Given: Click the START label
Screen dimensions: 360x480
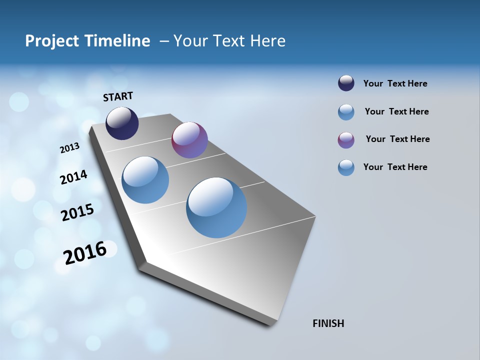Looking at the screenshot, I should [x=118, y=96].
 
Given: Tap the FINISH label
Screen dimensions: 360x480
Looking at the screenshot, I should [x=328, y=323].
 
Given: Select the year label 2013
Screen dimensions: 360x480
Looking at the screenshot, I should [x=69, y=147].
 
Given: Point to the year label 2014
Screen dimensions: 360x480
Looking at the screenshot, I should [x=73, y=177].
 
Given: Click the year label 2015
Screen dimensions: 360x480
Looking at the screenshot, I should [x=77, y=212].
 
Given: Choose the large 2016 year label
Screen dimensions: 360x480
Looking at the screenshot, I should [x=84, y=253].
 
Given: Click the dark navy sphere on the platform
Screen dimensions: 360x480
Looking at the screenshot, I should [x=122, y=123].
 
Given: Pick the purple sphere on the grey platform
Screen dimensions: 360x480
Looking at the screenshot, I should [x=189, y=140].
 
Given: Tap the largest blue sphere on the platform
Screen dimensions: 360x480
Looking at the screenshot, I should [x=216, y=207].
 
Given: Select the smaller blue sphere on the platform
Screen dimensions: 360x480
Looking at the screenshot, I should [x=145, y=180].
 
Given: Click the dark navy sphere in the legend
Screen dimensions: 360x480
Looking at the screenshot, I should [x=346, y=83].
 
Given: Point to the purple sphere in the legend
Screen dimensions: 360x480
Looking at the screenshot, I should [x=346, y=140].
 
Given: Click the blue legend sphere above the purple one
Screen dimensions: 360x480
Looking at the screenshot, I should [x=346, y=112].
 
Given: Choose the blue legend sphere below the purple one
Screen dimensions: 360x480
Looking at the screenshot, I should [x=346, y=167].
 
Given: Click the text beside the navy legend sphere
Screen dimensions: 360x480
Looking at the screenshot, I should [x=395, y=83].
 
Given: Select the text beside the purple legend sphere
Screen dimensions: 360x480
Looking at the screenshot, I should [x=397, y=139].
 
